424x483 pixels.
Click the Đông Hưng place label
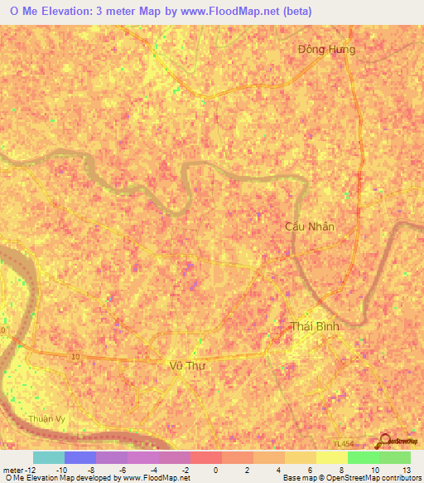[326, 50]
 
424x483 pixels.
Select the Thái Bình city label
[316, 326]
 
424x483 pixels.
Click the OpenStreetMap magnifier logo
[387, 440]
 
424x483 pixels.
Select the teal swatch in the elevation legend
[49, 457]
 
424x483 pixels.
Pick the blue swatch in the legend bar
[80, 457]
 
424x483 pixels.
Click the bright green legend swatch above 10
[364, 457]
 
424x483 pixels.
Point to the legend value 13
[405, 470]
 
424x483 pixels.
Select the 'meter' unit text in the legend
[14, 470]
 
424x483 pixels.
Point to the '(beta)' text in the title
[305, 10]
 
